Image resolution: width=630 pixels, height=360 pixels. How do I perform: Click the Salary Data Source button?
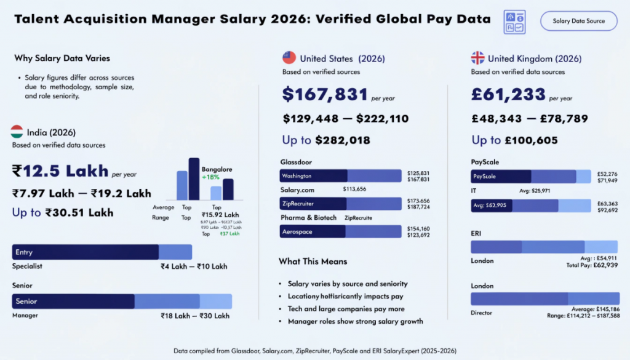578,21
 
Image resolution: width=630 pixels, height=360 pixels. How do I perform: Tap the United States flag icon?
289,58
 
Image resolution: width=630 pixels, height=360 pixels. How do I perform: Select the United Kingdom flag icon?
477,58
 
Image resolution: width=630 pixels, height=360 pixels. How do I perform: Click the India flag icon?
17,132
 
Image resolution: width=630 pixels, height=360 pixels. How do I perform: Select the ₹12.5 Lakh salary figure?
60,170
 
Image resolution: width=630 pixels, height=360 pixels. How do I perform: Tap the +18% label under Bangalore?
211,177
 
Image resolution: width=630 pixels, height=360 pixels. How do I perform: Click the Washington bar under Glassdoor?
314,175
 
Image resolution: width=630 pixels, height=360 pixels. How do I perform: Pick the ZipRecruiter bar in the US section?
314,204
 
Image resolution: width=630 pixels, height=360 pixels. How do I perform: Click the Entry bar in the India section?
86,252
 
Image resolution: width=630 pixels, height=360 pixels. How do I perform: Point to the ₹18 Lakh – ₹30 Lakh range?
195,316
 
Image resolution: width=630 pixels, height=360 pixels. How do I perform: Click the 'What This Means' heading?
313,262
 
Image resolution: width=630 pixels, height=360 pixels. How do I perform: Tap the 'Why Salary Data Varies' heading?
62,58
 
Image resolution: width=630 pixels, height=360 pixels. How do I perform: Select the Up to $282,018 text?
326,140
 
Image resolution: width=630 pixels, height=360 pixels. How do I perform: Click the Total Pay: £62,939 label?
592,265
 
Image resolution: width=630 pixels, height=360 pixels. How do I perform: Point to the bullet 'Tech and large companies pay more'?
346,309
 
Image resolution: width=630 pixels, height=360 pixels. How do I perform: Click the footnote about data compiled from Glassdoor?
314,350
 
